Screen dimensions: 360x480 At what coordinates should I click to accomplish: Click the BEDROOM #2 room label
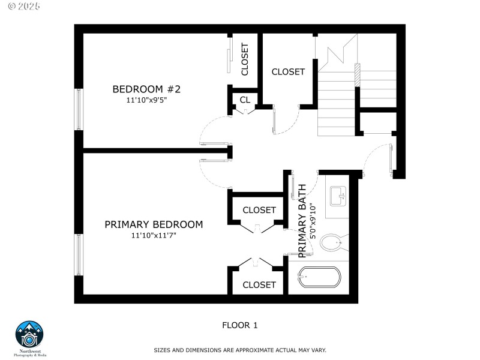[x=146, y=89]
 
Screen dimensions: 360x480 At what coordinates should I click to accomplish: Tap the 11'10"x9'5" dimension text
[x=146, y=100]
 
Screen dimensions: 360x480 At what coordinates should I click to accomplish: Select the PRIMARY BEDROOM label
[x=154, y=224]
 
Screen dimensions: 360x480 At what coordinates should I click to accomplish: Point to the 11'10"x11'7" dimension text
[x=154, y=235]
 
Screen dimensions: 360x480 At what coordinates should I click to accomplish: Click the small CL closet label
[x=245, y=100]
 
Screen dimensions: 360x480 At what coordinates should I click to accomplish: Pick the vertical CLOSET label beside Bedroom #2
[x=245, y=59]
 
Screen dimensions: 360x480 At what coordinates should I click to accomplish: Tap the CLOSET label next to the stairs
[x=288, y=72]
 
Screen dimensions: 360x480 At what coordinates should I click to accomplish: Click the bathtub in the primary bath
[x=319, y=277]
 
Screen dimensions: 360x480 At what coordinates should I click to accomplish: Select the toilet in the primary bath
[x=331, y=243]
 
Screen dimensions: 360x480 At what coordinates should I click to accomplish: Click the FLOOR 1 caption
[x=239, y=325]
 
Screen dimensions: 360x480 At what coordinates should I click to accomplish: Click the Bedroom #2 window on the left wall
[x=79, y=109]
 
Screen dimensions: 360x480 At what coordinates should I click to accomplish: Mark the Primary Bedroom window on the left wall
[x=79, y=255]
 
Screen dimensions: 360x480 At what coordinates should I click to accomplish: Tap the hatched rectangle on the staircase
[x=358, y=74]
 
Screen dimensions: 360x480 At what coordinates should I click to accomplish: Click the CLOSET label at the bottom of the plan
[x=259, y=285]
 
